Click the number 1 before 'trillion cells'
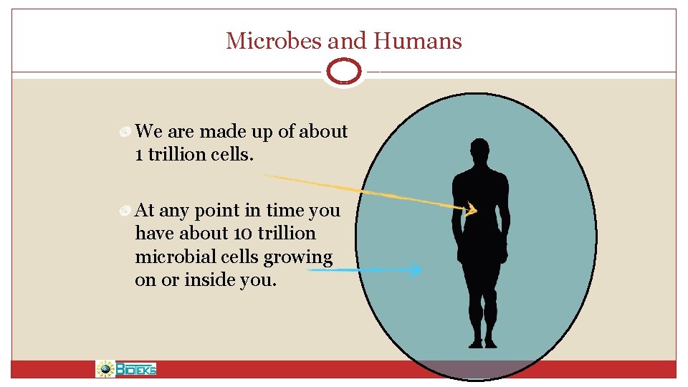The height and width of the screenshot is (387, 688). [138, 155]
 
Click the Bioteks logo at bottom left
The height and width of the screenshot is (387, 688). [127, 369]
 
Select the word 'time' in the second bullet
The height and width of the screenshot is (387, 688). [285, 210]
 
